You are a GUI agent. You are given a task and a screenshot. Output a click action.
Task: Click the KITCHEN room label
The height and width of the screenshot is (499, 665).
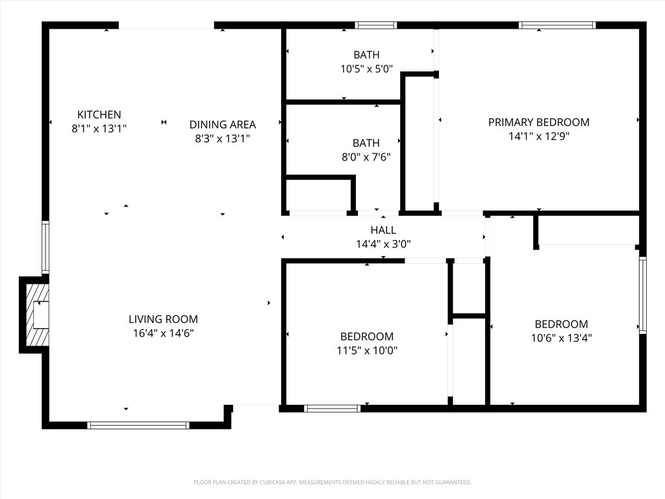tap(99, 114)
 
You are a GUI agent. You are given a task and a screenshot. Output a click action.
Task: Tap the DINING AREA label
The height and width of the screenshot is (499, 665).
tap(223, 125)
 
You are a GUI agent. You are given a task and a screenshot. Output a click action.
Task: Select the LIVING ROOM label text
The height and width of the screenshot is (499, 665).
tap(163, 319)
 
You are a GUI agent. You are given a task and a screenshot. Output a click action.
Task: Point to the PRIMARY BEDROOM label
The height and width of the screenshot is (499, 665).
tap(538, 122)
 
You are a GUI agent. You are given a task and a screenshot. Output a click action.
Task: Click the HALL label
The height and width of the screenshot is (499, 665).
tap(383, 230)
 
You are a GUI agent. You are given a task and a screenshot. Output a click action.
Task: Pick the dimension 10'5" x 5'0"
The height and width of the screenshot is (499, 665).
tap(367, 69)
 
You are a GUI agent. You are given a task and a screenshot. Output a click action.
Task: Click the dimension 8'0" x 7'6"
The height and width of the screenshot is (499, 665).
tap(366, 157)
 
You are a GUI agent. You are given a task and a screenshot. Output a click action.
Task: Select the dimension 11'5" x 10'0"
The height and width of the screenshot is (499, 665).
tap(367, 350)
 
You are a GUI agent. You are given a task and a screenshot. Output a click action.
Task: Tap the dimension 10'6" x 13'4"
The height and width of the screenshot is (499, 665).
tap(562, 338)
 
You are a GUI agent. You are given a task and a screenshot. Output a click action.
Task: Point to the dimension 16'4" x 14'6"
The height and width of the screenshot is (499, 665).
tap(163, 333)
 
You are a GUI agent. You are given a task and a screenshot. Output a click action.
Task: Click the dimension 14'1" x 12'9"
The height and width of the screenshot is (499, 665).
tap(538, 136)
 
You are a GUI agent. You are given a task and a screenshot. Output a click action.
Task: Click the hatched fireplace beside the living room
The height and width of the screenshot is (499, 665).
tap(37, 315)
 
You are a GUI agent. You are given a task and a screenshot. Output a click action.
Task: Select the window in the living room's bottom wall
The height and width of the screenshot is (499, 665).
tap(138, 425)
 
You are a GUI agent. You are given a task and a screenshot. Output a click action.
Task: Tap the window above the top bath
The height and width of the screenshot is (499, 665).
tap(376, 25)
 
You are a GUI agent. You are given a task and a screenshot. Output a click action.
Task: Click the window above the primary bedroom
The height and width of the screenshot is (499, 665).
tap(557, 25)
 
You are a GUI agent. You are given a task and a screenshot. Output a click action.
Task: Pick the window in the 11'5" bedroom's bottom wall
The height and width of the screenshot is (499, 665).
tap(332, 409)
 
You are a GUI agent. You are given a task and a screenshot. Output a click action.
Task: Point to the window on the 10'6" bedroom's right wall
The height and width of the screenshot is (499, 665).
tap(643, 294)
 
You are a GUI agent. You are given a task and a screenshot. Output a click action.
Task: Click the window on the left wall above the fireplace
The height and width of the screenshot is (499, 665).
tap(45, 247)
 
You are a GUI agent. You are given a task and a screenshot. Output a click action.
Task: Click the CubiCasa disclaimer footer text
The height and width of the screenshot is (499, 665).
tap(332, 483)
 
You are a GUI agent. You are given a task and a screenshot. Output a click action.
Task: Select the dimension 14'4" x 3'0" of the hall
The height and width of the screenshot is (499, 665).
tap(383, 244)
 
